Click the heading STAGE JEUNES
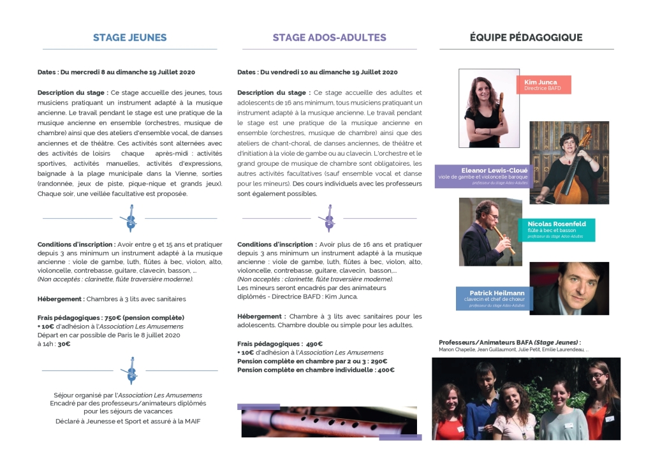point(129,38)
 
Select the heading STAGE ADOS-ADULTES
point(329,38)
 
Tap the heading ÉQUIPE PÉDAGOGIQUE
point(526,38)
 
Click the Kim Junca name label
point(540,82)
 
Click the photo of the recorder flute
point(330,422)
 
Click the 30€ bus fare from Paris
point(64,344)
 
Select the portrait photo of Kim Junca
point(488,108)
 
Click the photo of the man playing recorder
point(490,231)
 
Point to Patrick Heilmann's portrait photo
point(568,288)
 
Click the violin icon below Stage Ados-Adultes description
point(329,218)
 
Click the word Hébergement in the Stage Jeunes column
point(60,298)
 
